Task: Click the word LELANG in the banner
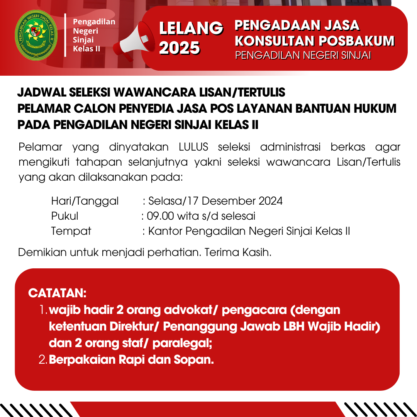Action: point(191,28)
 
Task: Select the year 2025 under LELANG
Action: point(180,48)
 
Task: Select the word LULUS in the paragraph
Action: point(194,147)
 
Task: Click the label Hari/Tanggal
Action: point(85,201)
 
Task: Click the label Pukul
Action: point(64,216)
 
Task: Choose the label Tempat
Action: point(71,231)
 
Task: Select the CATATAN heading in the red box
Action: point(57,293)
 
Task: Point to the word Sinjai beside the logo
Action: point(83,40)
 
